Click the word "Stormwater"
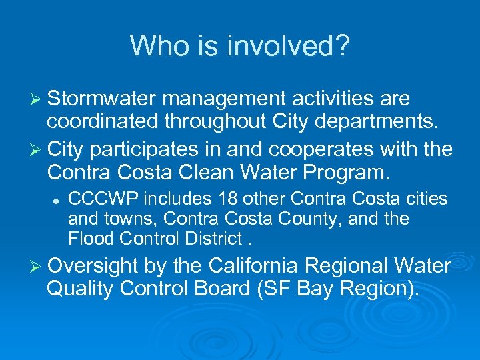[101, 99]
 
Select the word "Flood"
[87, 238]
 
